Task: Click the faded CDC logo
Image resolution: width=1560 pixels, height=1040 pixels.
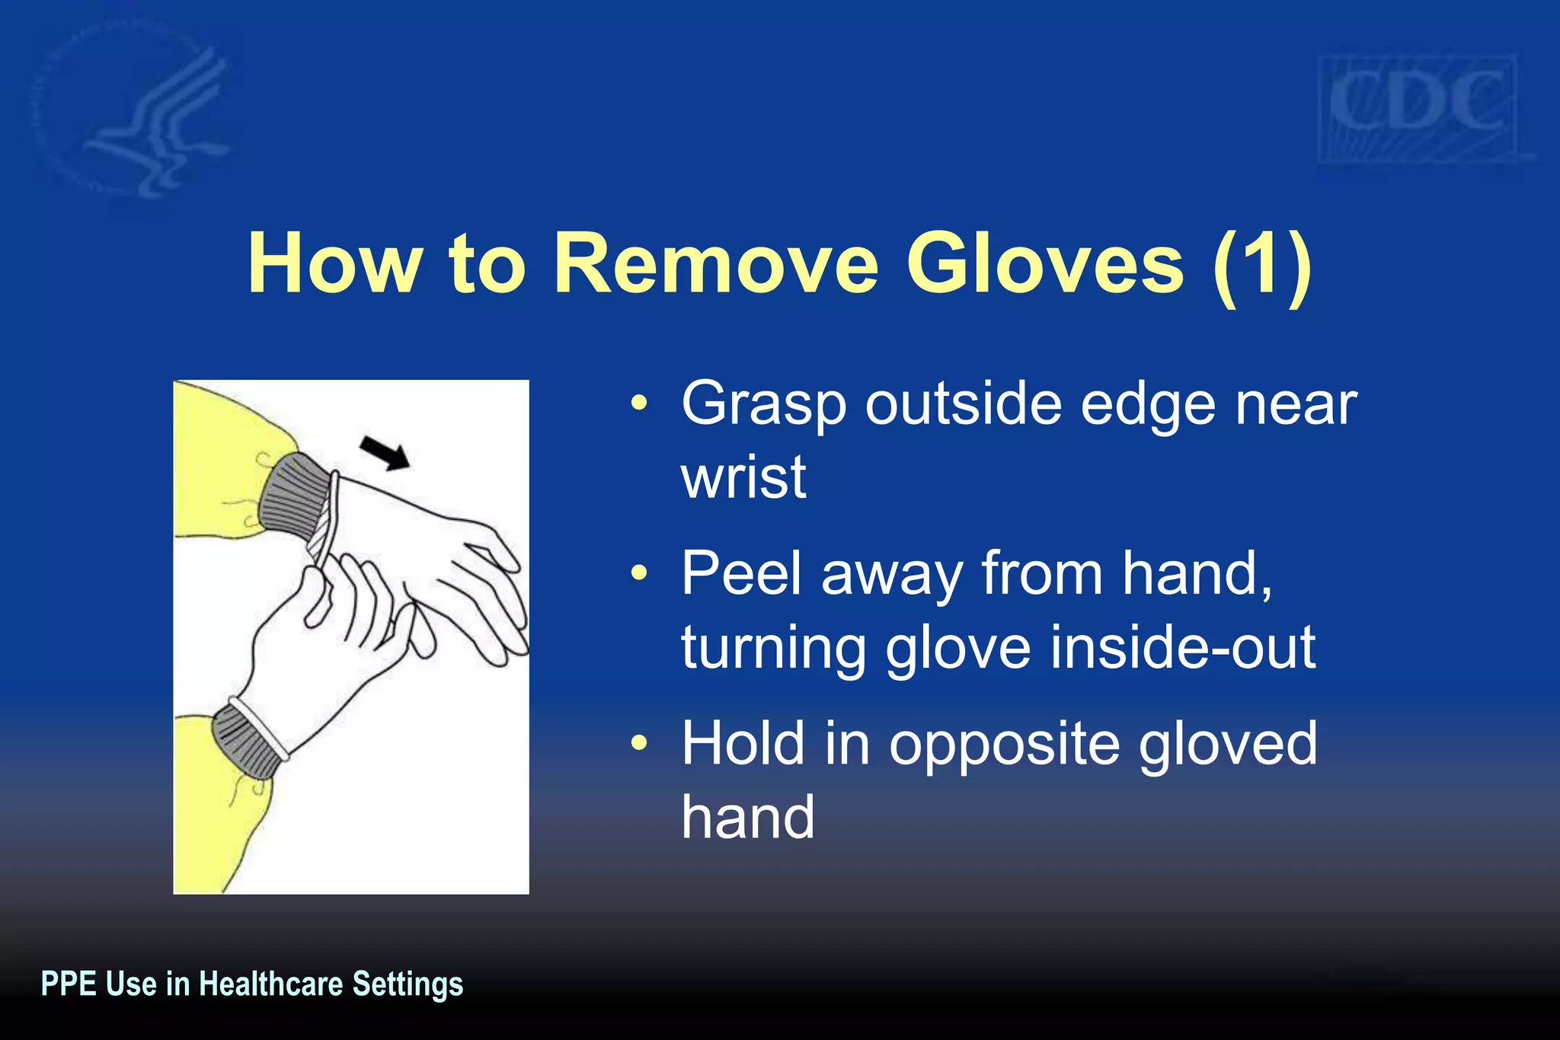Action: [1417, 107]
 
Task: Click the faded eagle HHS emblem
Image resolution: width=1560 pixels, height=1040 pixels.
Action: [145, 114]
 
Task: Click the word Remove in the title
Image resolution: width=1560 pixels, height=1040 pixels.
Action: [716, 264]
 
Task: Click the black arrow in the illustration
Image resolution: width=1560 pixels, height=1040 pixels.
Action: [385, 453]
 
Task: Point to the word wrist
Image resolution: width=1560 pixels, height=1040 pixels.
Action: [743, 477]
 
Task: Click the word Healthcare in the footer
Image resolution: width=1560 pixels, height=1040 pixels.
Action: [270, 984]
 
